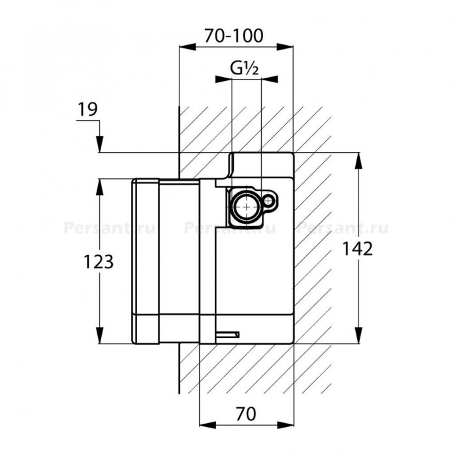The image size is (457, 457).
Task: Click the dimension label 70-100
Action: [234, 36]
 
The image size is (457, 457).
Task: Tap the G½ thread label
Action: [244, 69]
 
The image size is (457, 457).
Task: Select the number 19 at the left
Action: [87, 109]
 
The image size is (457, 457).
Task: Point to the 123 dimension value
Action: [99, 261]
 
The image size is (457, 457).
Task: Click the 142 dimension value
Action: [357, 249]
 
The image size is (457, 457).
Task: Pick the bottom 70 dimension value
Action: [246, 414]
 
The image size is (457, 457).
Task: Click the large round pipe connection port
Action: [247, 207]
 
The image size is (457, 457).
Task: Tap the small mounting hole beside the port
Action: [269, 201]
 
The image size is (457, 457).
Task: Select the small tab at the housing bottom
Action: [228, 334]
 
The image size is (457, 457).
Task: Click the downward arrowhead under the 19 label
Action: [100, 144]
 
